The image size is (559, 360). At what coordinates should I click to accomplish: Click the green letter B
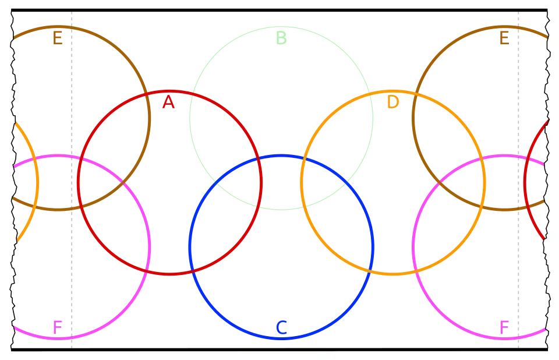[281, 38]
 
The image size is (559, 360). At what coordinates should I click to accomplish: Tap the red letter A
[168, 103]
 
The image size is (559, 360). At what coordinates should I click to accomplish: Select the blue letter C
[281, 328]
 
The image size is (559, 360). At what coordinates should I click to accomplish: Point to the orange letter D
[394, 103]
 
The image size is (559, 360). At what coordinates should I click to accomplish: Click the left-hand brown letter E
[58, 39]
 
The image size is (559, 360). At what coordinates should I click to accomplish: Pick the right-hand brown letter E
[505, 39]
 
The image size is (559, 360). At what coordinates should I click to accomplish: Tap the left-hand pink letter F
[58, 327]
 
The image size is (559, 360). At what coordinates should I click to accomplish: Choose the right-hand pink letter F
[505, 327]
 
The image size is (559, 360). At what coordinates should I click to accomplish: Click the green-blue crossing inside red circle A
[216, 182]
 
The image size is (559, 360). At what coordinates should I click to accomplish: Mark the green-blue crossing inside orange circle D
[346, 182]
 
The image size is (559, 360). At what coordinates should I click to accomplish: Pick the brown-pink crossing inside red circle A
[123, 182]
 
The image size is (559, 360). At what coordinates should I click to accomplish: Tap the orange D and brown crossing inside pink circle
[483, 207]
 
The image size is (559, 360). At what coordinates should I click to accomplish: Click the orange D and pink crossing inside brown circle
[483, 158]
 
